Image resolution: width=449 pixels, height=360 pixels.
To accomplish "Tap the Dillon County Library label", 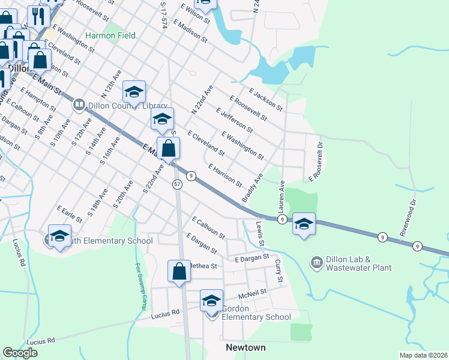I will coord(116,105).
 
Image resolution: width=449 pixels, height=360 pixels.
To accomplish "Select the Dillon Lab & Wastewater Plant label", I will coord(358,264).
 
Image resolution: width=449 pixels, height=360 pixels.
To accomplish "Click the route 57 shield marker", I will coord(176,184).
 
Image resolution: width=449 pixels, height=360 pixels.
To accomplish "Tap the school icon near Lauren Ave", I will coord(304,225).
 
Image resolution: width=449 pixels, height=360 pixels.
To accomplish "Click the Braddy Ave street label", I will coord(253,188).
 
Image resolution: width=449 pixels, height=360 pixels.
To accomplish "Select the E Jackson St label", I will coord(265,99).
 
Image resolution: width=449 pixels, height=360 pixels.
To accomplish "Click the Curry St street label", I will coord(278,271).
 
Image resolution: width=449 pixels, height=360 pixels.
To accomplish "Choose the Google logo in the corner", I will coord(20,353).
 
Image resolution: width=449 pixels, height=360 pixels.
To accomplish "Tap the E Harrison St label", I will coord(224,175).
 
